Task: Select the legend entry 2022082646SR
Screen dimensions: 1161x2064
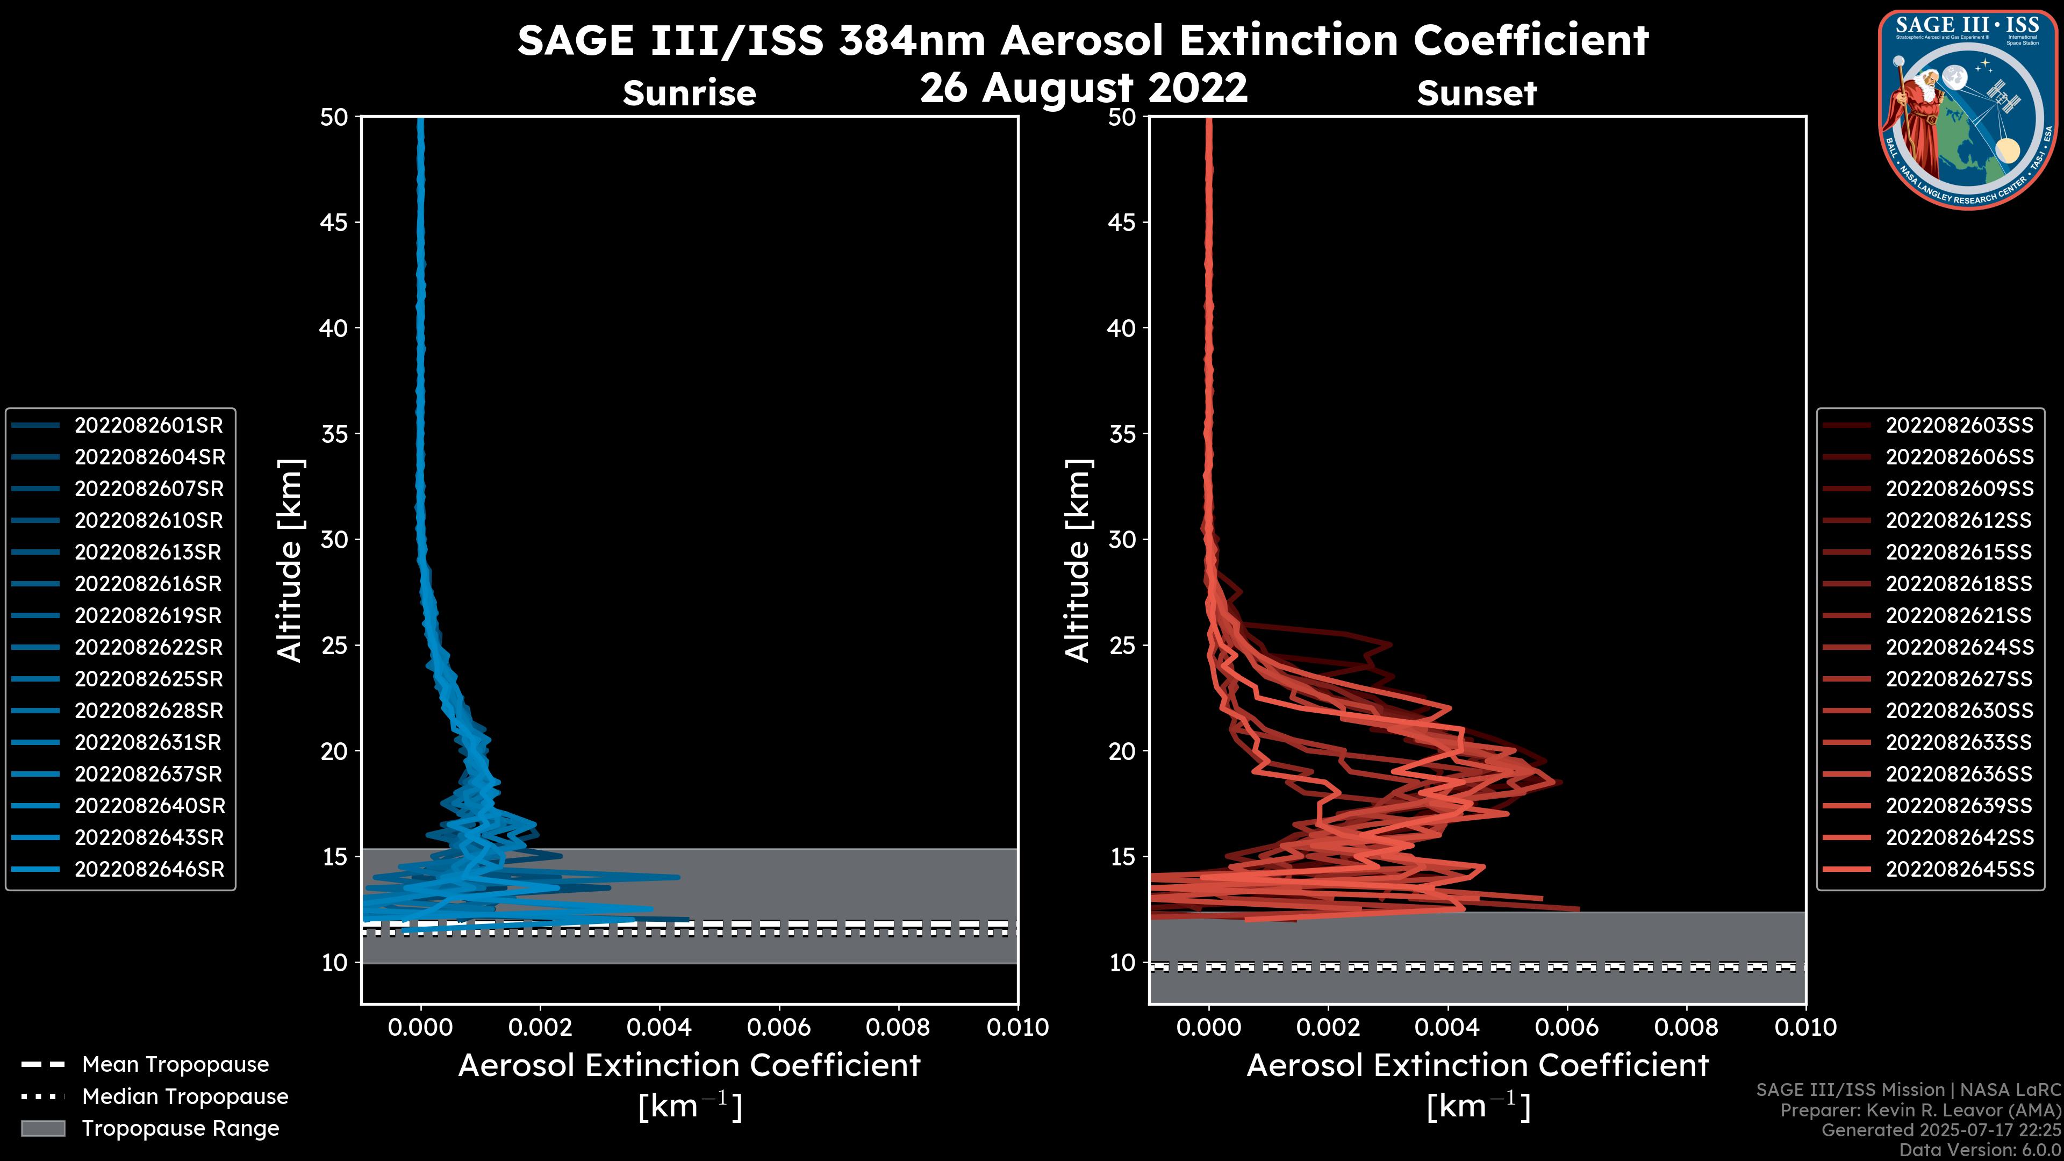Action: pos(149,869)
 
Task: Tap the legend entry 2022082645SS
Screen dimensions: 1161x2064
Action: pos(1959,869)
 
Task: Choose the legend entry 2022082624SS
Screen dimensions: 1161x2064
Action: pos(1959,647)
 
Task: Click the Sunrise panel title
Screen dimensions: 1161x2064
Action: pos(689,94)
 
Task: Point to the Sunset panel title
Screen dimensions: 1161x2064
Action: pos(1477,94)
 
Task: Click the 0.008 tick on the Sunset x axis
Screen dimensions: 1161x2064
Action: pos(1687,1027)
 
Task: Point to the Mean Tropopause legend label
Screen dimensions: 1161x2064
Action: pos(175,1065)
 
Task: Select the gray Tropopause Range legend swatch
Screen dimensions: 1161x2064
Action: pos(42,1129)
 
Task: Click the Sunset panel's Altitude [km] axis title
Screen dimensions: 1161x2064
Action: pos(1078,560)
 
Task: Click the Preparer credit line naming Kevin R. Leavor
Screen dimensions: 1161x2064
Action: pos(1920,1110)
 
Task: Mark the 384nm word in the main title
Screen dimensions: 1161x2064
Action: pos(912,40)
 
